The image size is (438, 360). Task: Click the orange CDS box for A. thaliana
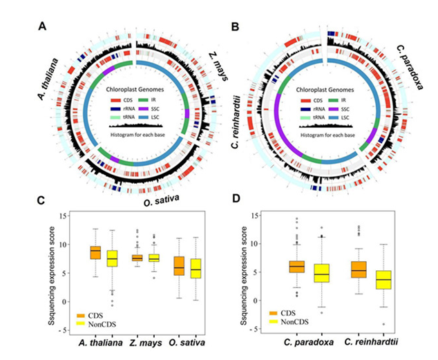[96, 252]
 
